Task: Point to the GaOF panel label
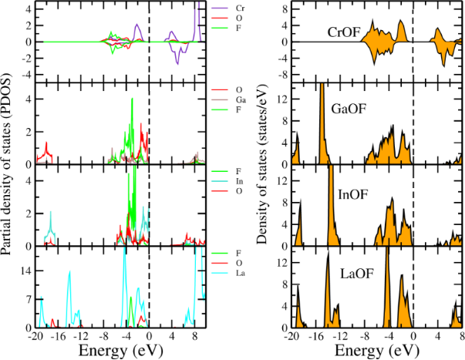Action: point(349,109)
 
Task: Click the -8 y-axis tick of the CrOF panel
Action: point(282,75)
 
